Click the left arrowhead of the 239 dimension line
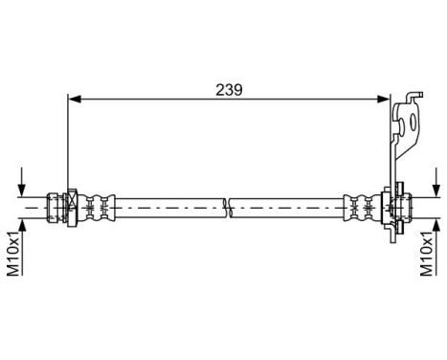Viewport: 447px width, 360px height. pos(73,97)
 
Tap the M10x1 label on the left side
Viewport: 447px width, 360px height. pos(14,252)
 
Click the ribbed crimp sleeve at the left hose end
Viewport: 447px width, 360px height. pos(96,204)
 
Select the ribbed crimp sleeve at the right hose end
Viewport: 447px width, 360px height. pos(360,204)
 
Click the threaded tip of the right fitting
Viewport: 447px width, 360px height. pos(406,204)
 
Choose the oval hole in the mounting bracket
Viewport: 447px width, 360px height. pos(413,123)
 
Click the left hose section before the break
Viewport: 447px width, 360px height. pos(168,204)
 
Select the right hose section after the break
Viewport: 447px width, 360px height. pos(287,204)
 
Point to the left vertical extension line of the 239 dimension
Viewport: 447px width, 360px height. pos(67,144)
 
